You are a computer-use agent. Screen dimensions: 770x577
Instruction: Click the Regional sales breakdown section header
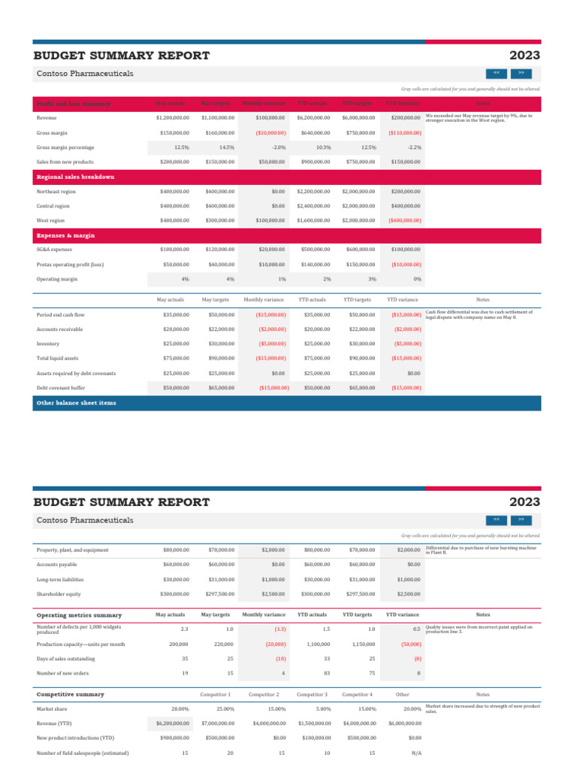coord(75,177)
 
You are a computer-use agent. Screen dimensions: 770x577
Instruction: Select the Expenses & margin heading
coord(66,235)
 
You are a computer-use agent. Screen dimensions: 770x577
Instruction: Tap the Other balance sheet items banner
coord(77,403)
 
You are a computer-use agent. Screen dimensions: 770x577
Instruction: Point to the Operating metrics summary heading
coord(79,615)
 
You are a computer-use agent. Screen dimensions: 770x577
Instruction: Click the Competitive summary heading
coord(71,694)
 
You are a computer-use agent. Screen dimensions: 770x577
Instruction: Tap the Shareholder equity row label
coord(59,594)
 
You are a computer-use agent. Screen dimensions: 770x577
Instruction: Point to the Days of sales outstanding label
coord(65,659)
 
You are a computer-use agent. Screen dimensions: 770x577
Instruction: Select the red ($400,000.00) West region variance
coord(404,221)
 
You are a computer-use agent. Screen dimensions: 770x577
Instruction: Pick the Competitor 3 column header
coord(312,694)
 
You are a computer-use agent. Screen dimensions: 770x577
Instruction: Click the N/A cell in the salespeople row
coord(415,753)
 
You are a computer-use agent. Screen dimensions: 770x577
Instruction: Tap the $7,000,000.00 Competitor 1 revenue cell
coord(217,723)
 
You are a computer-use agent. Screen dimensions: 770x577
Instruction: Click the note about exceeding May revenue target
coord(479,118)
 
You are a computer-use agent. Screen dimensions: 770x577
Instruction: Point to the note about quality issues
coord(479,629)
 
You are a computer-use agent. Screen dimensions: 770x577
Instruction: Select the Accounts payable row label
coord(57,565)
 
